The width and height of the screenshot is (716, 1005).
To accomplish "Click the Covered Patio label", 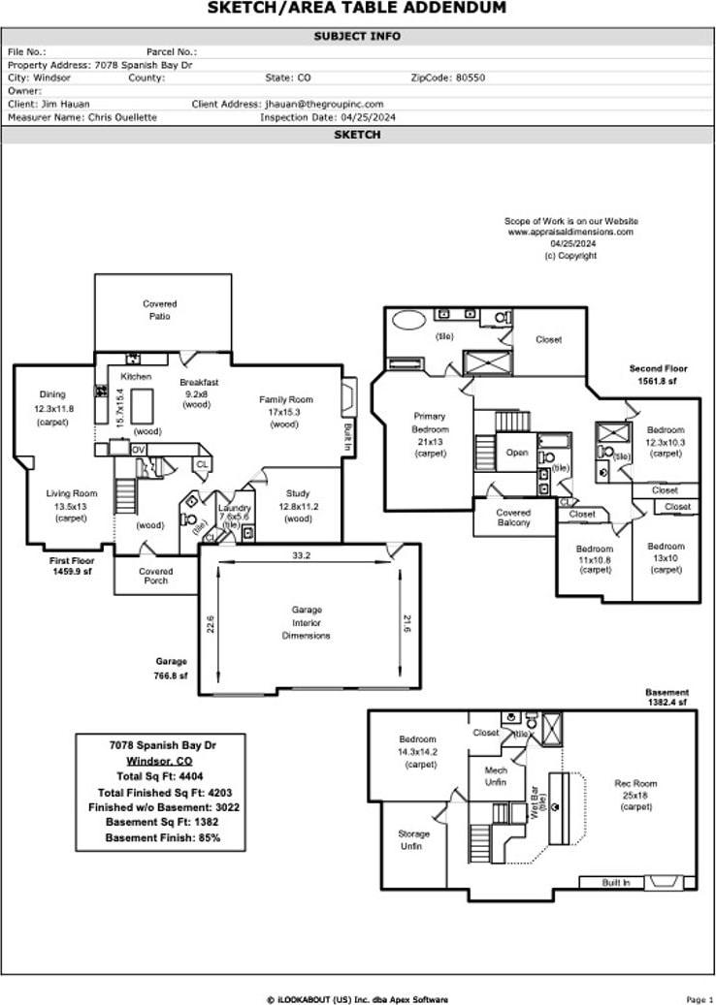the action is click(x=160, y=310).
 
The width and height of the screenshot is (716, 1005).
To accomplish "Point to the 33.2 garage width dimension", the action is click(x=301, y=555).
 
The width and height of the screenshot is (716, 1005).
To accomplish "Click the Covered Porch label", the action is click(x=155, y=576).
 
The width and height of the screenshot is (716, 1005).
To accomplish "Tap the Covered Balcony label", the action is click(x=513, y=518).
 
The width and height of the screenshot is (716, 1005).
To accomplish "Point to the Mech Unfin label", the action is click(x=496, y=776).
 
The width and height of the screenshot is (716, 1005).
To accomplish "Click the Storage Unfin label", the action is click(x=411, y=839).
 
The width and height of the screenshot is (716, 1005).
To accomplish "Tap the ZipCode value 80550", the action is click(x=471, y=78).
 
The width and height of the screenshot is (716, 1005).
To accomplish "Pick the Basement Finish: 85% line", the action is click(x=162, y=837).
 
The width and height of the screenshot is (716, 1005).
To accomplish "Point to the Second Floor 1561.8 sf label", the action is click(x=659, y=375).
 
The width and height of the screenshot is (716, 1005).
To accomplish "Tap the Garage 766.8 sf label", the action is click(x=170, y=669).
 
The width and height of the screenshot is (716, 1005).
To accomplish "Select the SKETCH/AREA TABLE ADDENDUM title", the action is click(x=357, y=9).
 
